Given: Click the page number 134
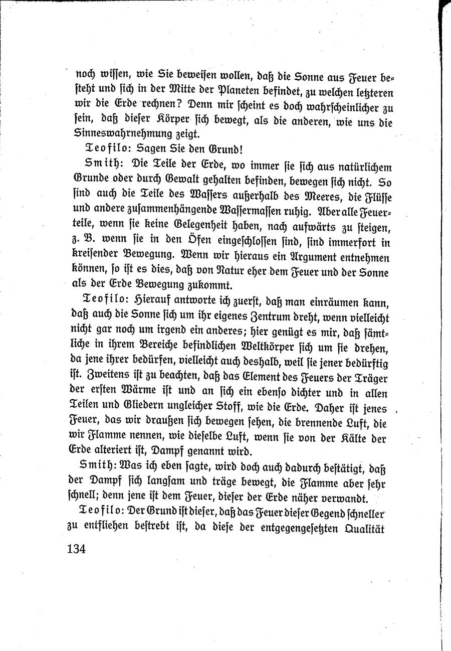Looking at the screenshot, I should (76, 548).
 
